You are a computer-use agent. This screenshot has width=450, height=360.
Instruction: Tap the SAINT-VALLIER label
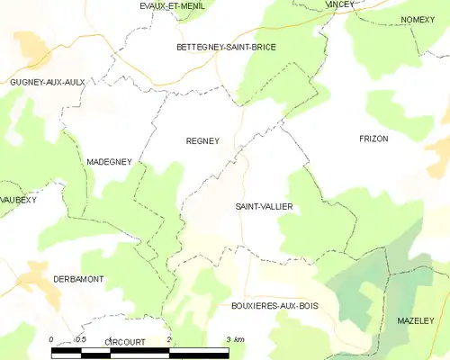[265, 206]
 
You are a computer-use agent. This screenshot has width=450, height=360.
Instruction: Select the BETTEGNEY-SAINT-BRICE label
[226, 46]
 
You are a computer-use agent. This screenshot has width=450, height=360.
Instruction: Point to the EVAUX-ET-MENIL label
[171, 5]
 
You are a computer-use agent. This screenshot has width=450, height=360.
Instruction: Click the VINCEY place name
[340, 4]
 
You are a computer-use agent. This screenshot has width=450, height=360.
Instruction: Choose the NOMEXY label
[418, 19]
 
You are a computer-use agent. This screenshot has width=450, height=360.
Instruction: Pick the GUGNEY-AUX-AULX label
[46, 82]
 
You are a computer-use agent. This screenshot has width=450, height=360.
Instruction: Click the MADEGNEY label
[109, 161]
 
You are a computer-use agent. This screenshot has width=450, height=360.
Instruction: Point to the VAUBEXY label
[17, 199]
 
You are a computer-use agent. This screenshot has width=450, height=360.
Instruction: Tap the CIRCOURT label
[124, 342]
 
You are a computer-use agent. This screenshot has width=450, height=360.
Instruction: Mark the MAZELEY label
[415, 320]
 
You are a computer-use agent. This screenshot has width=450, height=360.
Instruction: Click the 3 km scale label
[235, 339]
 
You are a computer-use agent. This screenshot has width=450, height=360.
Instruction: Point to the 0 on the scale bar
[51, 339]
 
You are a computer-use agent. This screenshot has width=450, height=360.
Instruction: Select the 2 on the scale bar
[169, 339]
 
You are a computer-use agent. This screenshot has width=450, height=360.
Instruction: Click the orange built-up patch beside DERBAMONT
[36, 275]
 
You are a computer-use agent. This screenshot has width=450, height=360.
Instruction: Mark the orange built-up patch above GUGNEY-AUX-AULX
[32, 45]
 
